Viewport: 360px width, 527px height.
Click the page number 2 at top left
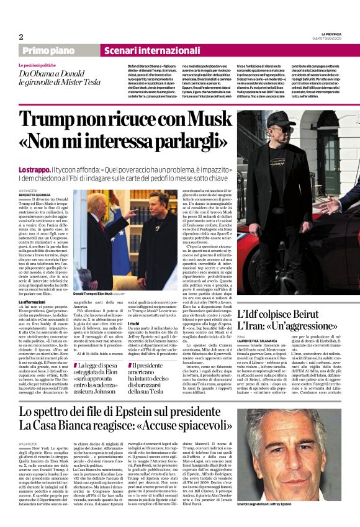tap(20, 37)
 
